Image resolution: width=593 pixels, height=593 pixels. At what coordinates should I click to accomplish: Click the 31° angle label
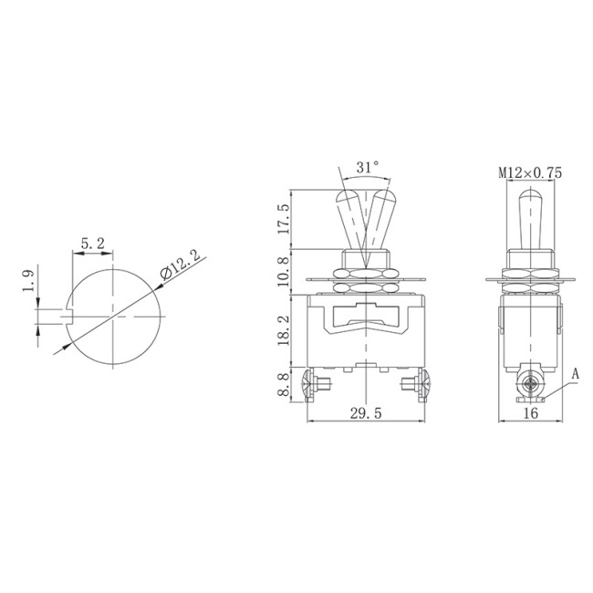coord(367,167)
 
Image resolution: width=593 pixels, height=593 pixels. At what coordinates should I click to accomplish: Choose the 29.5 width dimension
coord(364,412)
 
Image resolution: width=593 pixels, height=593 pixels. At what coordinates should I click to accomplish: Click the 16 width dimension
coord(531,412)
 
